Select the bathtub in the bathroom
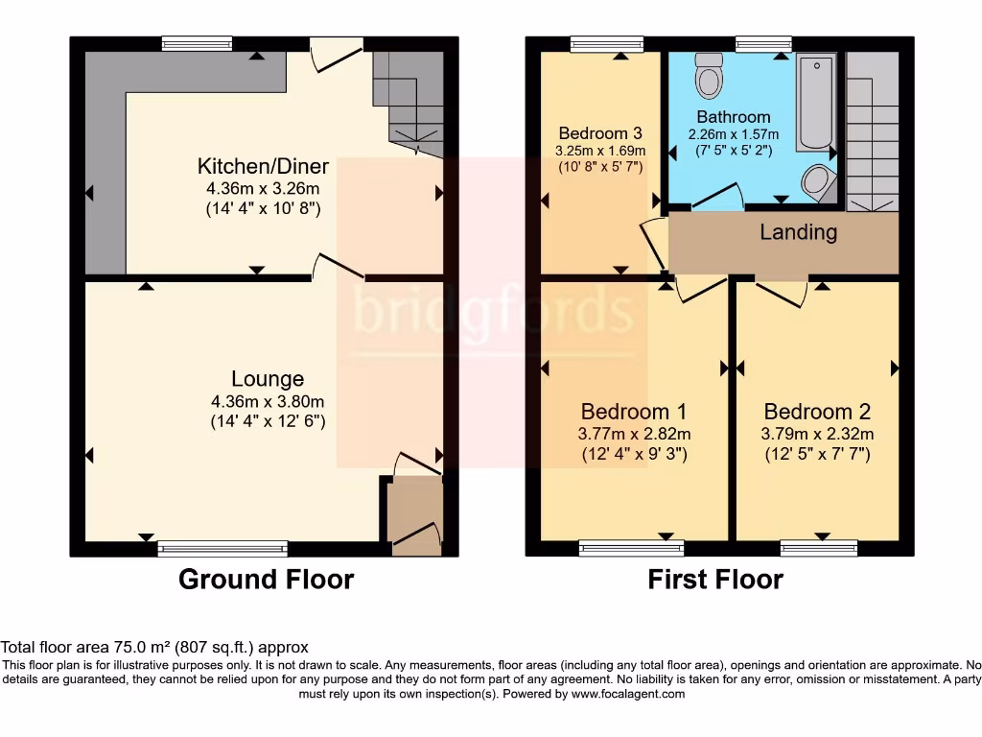click(816, 102)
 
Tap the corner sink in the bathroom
click(819, 180)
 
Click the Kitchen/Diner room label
click(263, 166)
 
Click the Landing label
click(798, 232)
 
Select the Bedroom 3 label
click(600, 133)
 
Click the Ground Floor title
click(266, 580)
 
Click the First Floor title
click(715, 580)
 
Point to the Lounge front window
click(222, 549)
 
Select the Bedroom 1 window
click(631, 549)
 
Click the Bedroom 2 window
click(818, 549)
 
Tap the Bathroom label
click(733, 117)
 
